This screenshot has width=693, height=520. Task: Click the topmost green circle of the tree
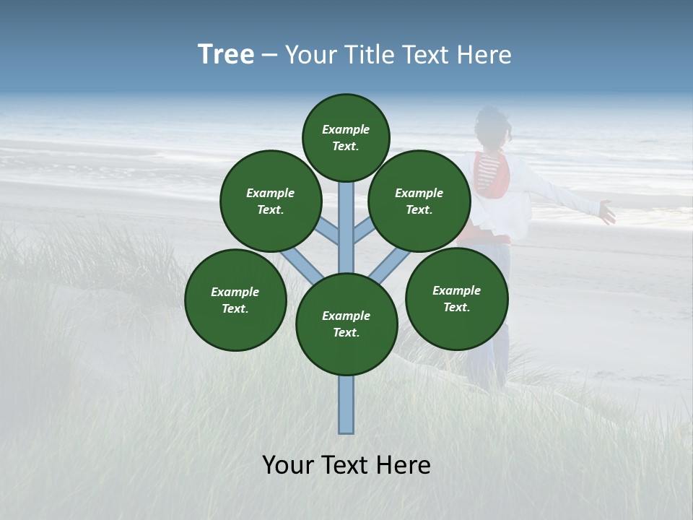pos(346,137)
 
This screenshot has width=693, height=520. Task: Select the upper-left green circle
pos(271,201)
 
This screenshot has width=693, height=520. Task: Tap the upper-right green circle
pos(419,201)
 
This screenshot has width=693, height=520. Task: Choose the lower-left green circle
pos(235,300)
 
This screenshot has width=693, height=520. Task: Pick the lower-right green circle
pos(456,298)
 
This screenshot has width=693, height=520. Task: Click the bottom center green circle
pos(346,324)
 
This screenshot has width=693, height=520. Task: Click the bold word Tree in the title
pos(226,55)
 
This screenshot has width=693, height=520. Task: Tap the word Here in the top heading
pos(483,55)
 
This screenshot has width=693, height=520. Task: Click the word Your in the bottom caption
pos(289,465)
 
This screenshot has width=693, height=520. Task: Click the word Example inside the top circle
pos(346,130)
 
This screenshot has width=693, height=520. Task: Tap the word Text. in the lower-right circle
pos(456,307)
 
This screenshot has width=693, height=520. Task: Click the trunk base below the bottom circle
pos(346,408)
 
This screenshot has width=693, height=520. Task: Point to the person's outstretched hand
pos(606,212)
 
